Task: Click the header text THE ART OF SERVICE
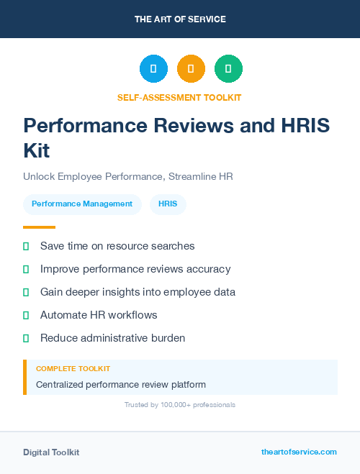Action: click(180, 19)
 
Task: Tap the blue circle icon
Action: click(153, 68)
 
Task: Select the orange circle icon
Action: click(191, 68)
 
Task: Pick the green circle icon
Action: click(228, 68)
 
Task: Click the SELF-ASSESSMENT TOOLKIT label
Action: click(179, 97)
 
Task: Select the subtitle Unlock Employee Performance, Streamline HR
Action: click(128, 176)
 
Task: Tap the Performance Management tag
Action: click(82, 204)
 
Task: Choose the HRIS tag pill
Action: click(168, 204)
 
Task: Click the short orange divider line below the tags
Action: click(39, 227)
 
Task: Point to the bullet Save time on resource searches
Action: click(117, 246)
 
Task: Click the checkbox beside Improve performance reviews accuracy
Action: click(26, 269)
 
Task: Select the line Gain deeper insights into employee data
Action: click(138, 292)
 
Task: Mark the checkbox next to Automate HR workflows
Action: click(26, 315)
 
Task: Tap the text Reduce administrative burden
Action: click(112, 338)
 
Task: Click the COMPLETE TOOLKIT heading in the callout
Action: click(73, 368)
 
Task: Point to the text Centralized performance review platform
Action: click(121, 384)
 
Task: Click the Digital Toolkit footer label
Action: click(51, 452)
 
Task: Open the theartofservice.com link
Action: click(299, 452)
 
